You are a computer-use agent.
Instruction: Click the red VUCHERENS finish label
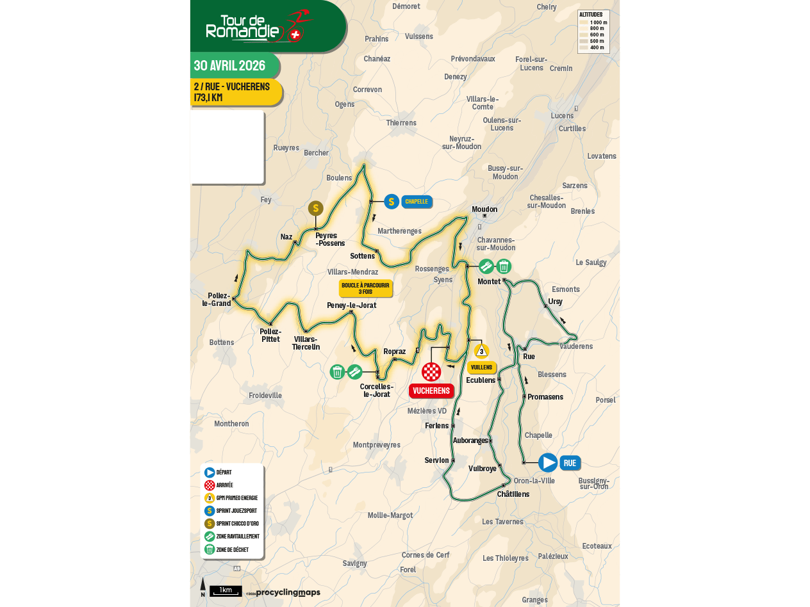click(x=431, y=391)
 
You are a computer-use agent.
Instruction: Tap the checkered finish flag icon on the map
click(x=431, y=372)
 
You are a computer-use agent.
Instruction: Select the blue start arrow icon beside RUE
click(x=548, y=463)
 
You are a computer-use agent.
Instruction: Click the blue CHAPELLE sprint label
click(x=416, y=202)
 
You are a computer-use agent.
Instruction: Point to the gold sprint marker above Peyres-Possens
click(x=315, y=209)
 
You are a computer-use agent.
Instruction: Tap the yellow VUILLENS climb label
click(x=481, y=368)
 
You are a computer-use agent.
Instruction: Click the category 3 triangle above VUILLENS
click(x=481, y=351)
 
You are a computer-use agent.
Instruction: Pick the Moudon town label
click(x=484, y=209)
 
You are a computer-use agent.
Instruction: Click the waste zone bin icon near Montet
click(x=504, y=266)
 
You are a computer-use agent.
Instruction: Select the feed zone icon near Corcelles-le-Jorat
click(x=354, y=372)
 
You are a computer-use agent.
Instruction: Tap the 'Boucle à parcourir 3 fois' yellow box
click(x=365, y=289)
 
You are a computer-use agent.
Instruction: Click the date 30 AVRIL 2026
click(x=230, y=66)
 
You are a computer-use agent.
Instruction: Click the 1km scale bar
click(x=226, y=590)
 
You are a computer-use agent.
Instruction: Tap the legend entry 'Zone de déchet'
click(x=231, y=549)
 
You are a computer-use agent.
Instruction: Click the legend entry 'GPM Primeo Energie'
click(x=236, y=498)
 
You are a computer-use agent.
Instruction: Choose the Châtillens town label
click(x=513, y=494)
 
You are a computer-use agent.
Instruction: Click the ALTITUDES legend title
click(x=590, y=15)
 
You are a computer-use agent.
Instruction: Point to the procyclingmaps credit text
click(x=288, y=593)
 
